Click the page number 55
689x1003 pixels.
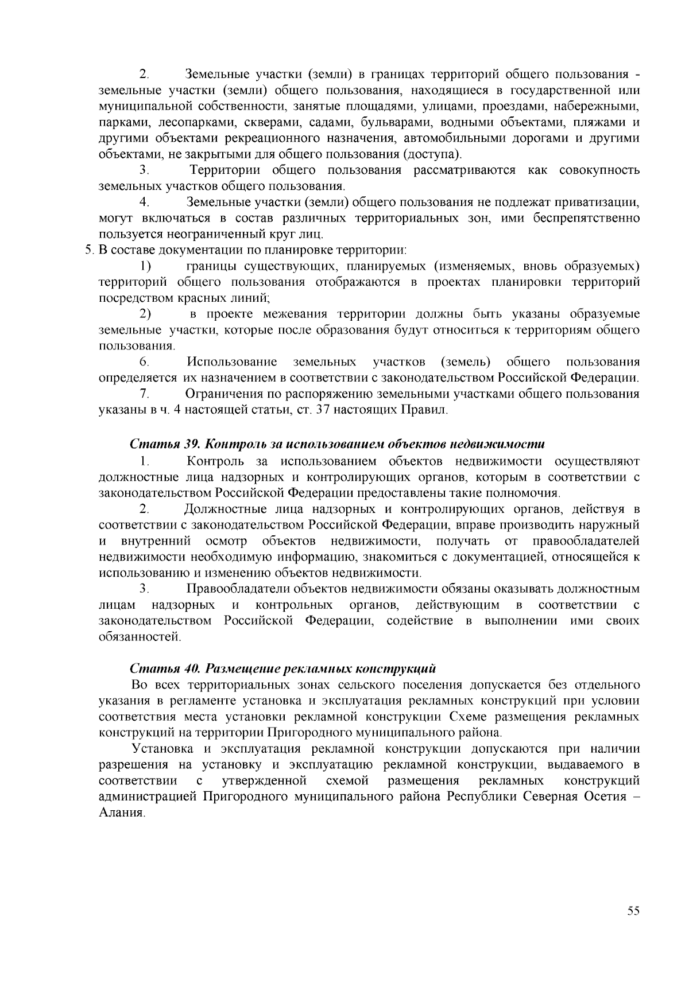pyautogui.click(x=633, y=911)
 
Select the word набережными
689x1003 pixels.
pyautogui.click(x=602, y=107)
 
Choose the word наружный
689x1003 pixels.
pyautogui.click(x=609, y=525)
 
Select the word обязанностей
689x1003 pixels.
pyautogui.click(x=139, y=637)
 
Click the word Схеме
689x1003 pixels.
pyautogui.click(x=467, y=717)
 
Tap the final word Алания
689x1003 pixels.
pyautogui.click(x=120, y=813)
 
